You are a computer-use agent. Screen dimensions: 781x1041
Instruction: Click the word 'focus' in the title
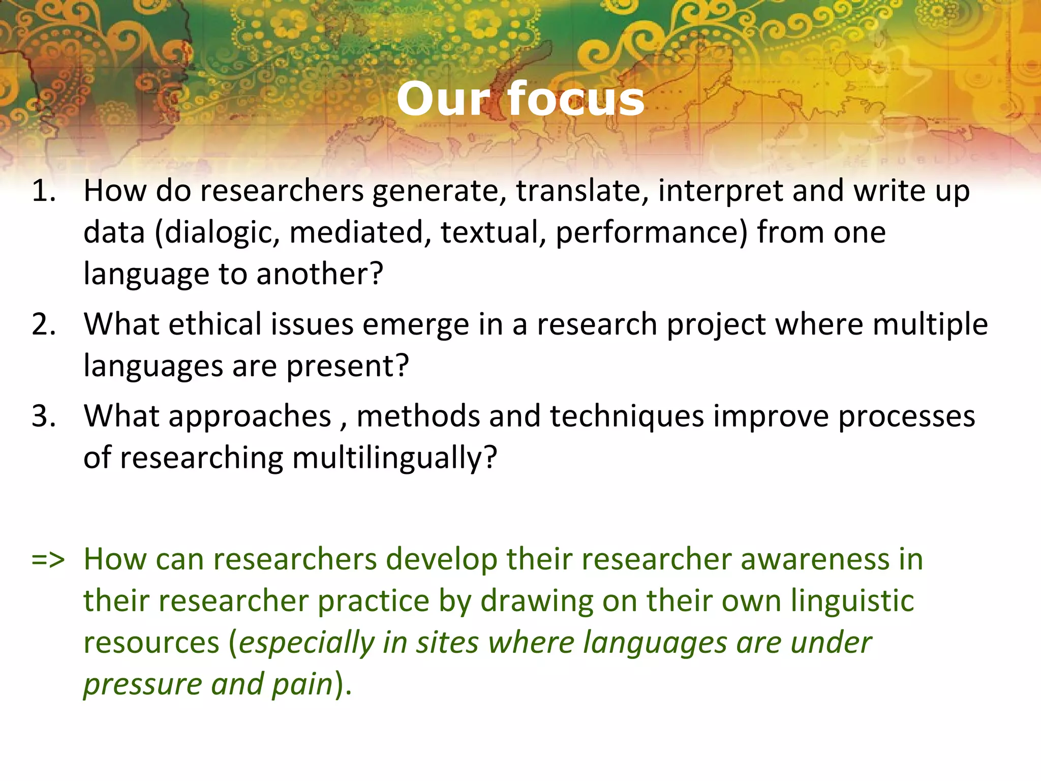576,99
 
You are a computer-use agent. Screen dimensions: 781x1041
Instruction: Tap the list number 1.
43,191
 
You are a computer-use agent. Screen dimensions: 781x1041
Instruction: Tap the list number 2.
43,324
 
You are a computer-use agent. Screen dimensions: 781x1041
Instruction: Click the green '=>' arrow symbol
48,559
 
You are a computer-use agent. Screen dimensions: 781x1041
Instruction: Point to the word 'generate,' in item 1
439,192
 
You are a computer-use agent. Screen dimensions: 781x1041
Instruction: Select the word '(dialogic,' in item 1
217,233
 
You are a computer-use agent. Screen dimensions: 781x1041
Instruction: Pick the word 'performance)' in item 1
651,233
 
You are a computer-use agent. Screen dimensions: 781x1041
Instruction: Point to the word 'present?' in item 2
347,366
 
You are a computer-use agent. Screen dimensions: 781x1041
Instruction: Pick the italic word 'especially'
307,643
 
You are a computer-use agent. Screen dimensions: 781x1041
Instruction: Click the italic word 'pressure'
143,685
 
